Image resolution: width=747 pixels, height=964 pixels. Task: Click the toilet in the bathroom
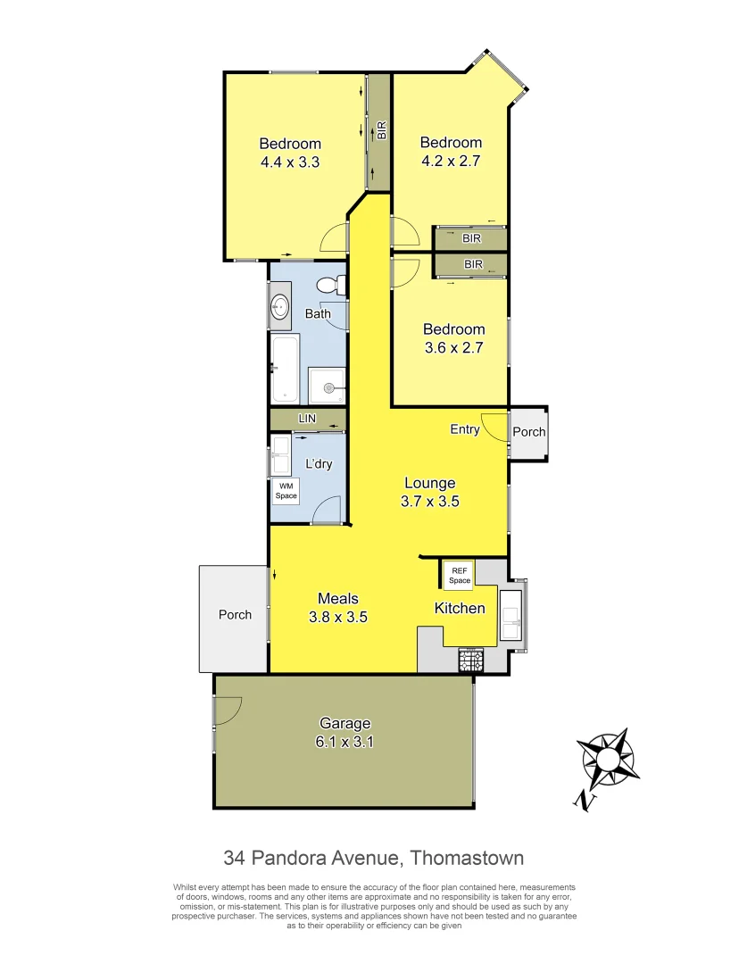pos(329,286)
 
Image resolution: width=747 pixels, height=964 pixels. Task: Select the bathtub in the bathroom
pos(286,369)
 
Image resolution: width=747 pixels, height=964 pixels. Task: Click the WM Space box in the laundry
pos(286,491)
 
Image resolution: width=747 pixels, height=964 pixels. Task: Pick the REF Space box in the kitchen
pos(459,575)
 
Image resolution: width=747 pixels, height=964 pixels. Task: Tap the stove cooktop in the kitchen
pos(470,661)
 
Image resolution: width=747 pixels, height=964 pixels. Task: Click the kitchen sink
pos(511,615)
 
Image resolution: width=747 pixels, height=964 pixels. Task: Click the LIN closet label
pos(307,419)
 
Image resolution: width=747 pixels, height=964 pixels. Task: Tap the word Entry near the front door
pos(465,429)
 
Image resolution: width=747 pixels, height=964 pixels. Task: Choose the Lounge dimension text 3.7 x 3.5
pos(429,502)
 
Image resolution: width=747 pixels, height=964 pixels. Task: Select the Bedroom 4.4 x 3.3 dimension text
pos(290,162)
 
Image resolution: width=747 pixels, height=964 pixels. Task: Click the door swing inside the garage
pos(228,710)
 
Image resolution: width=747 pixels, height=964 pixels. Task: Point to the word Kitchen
pos(460,609)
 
